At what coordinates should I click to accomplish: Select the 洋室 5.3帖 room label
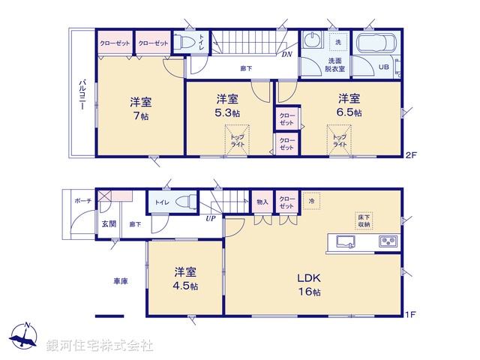(x=228, y=105)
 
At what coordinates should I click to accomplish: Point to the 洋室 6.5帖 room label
(x=349, y=104)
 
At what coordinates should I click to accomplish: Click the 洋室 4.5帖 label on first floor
(x=187, y=278)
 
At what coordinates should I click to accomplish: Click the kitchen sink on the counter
(x=346, y=241)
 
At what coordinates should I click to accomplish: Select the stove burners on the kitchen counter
(x=388, y=241)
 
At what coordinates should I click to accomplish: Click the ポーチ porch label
(x=82, y=201)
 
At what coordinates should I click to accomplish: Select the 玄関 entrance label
(x=109, y=223)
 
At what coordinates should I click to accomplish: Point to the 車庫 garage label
(x=120, y=281)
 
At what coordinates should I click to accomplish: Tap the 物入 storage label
(x=262, y=201)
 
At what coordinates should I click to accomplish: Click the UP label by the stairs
(x=212, y=217)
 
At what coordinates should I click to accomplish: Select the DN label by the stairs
(x=286, y=54)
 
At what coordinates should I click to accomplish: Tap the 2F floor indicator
(x=410, y=156)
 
